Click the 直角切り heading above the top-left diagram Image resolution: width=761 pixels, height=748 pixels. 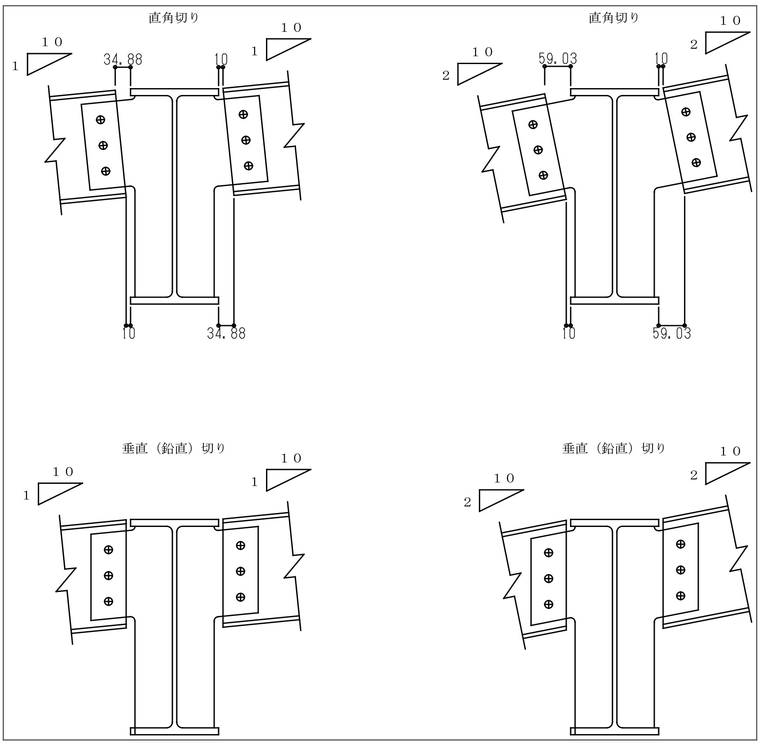tap(174, 18)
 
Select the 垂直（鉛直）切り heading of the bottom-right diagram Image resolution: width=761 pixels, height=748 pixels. tap(614, 449)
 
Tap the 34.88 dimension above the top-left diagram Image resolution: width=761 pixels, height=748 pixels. tap(123, 59)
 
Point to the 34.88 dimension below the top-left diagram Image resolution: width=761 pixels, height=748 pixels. tap(226, 333)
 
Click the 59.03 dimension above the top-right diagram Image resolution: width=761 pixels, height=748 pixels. tap(558, 58)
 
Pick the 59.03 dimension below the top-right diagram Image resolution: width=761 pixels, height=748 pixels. tap(671, 333)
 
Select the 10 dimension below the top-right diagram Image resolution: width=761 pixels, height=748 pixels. tap(569, 333)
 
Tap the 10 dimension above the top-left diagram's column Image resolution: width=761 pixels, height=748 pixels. tap(221, 59)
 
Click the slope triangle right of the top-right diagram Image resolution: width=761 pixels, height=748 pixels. tap(727, 43)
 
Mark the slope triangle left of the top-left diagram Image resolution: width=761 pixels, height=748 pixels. tap(49, 64)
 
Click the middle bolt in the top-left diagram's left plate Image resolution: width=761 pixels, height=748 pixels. tap(103, 145)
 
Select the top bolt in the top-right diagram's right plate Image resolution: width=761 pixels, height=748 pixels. tap(686, 112)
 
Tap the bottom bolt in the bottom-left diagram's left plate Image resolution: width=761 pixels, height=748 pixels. tap(108, 602)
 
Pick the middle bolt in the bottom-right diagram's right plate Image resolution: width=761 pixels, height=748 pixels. tap(680, 570)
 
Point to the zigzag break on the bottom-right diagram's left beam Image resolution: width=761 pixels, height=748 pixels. tap(512, 585)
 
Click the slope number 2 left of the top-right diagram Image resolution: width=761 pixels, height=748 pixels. tap(446, 75)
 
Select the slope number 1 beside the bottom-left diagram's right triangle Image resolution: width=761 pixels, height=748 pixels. tap(255, 482)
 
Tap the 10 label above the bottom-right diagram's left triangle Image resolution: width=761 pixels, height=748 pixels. tap(504, 479)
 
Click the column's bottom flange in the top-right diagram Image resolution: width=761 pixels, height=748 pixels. tap(614, 300)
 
